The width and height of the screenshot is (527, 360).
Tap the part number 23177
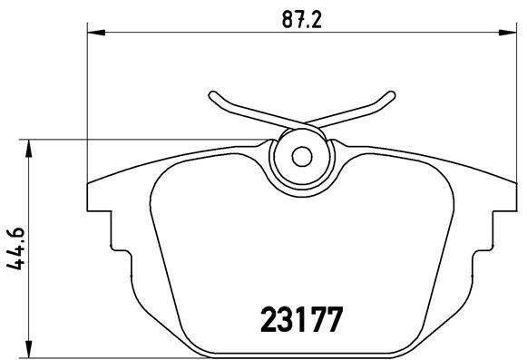[299, 321]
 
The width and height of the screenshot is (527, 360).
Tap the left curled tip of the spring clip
[212, 95]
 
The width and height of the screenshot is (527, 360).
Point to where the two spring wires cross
[300, 124]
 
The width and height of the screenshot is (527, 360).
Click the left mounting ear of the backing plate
[100, 195]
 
